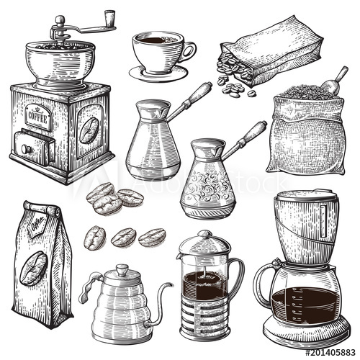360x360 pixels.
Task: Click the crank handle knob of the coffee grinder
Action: [x=109, y=16]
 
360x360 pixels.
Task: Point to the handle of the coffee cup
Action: [x=189, y=50]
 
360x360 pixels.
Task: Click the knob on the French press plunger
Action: [x=205, y=235]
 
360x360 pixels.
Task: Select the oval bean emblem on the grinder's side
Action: [x=89, y=130]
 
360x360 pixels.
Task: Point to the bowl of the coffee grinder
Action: [x=60, y=58]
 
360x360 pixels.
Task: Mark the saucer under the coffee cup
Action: [x=158, y=73]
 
